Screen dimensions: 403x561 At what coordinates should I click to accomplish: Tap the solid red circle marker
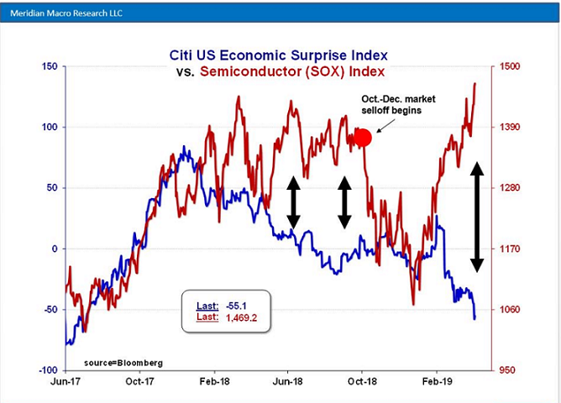click(x=363, y=138)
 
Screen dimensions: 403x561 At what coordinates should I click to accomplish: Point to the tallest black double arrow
click(x=476, y=216)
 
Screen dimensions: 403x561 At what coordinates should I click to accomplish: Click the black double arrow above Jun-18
click(x=293, y=202)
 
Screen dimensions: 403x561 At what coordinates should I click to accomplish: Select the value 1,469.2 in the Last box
click(x=236, y=318)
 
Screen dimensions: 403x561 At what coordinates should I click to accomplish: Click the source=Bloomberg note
click(x=123, y=363)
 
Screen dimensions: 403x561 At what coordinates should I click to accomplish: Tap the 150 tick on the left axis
click(x=49, y=67)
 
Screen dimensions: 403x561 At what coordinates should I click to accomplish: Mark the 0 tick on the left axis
click(x=54, y=249)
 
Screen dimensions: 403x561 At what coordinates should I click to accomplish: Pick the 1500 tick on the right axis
click(x=511, y=67)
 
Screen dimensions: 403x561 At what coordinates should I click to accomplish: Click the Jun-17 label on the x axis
click(x=66, y=379)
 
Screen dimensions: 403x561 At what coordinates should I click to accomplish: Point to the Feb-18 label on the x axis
click(x=213, y=379)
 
